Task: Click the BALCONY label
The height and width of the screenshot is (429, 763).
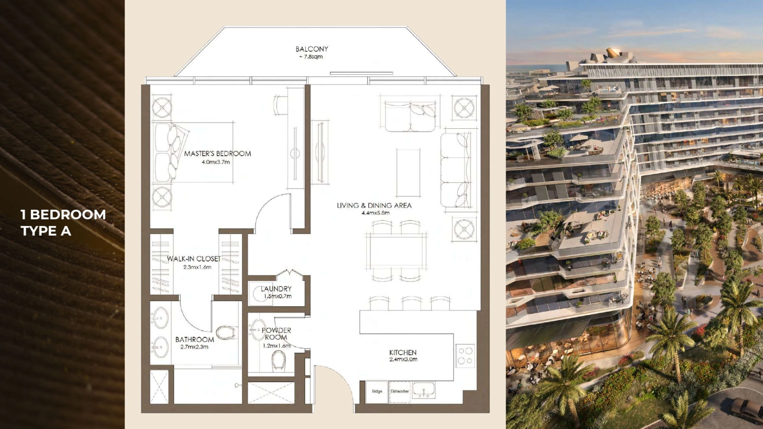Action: click(x=312, y=49)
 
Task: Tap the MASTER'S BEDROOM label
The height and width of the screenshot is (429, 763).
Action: click(x=217, y=154)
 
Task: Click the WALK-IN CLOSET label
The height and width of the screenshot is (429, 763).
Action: click(x=193, y=259)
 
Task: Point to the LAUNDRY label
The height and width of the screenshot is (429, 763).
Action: click(x=276, y=289)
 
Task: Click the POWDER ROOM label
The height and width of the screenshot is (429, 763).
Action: click(x=276, y=334)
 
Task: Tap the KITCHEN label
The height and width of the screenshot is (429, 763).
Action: click(x=403, y=353)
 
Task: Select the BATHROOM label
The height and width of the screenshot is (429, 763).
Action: click(x=194, y=340)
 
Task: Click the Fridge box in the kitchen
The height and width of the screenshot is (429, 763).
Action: click(x=377, y=391)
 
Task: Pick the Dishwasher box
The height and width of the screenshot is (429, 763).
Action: click(x=399, y=391)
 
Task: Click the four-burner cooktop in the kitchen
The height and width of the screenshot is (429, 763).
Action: click(x=465, y=356)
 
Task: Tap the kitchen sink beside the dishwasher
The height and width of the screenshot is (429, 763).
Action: click(x=423, y=389)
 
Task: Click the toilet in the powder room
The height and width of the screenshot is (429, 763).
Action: click(x=278, y=360)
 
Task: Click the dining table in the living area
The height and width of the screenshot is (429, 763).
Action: click(x=396, y=251)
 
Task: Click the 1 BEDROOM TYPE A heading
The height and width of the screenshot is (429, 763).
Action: click(x=64, y=222)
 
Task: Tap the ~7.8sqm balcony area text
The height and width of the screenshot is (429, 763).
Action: click(x=311, y=57)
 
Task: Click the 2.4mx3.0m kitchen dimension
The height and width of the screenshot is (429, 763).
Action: click(x=403, y=359)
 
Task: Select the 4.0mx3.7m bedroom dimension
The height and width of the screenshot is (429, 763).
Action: click(x=216, y=162)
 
